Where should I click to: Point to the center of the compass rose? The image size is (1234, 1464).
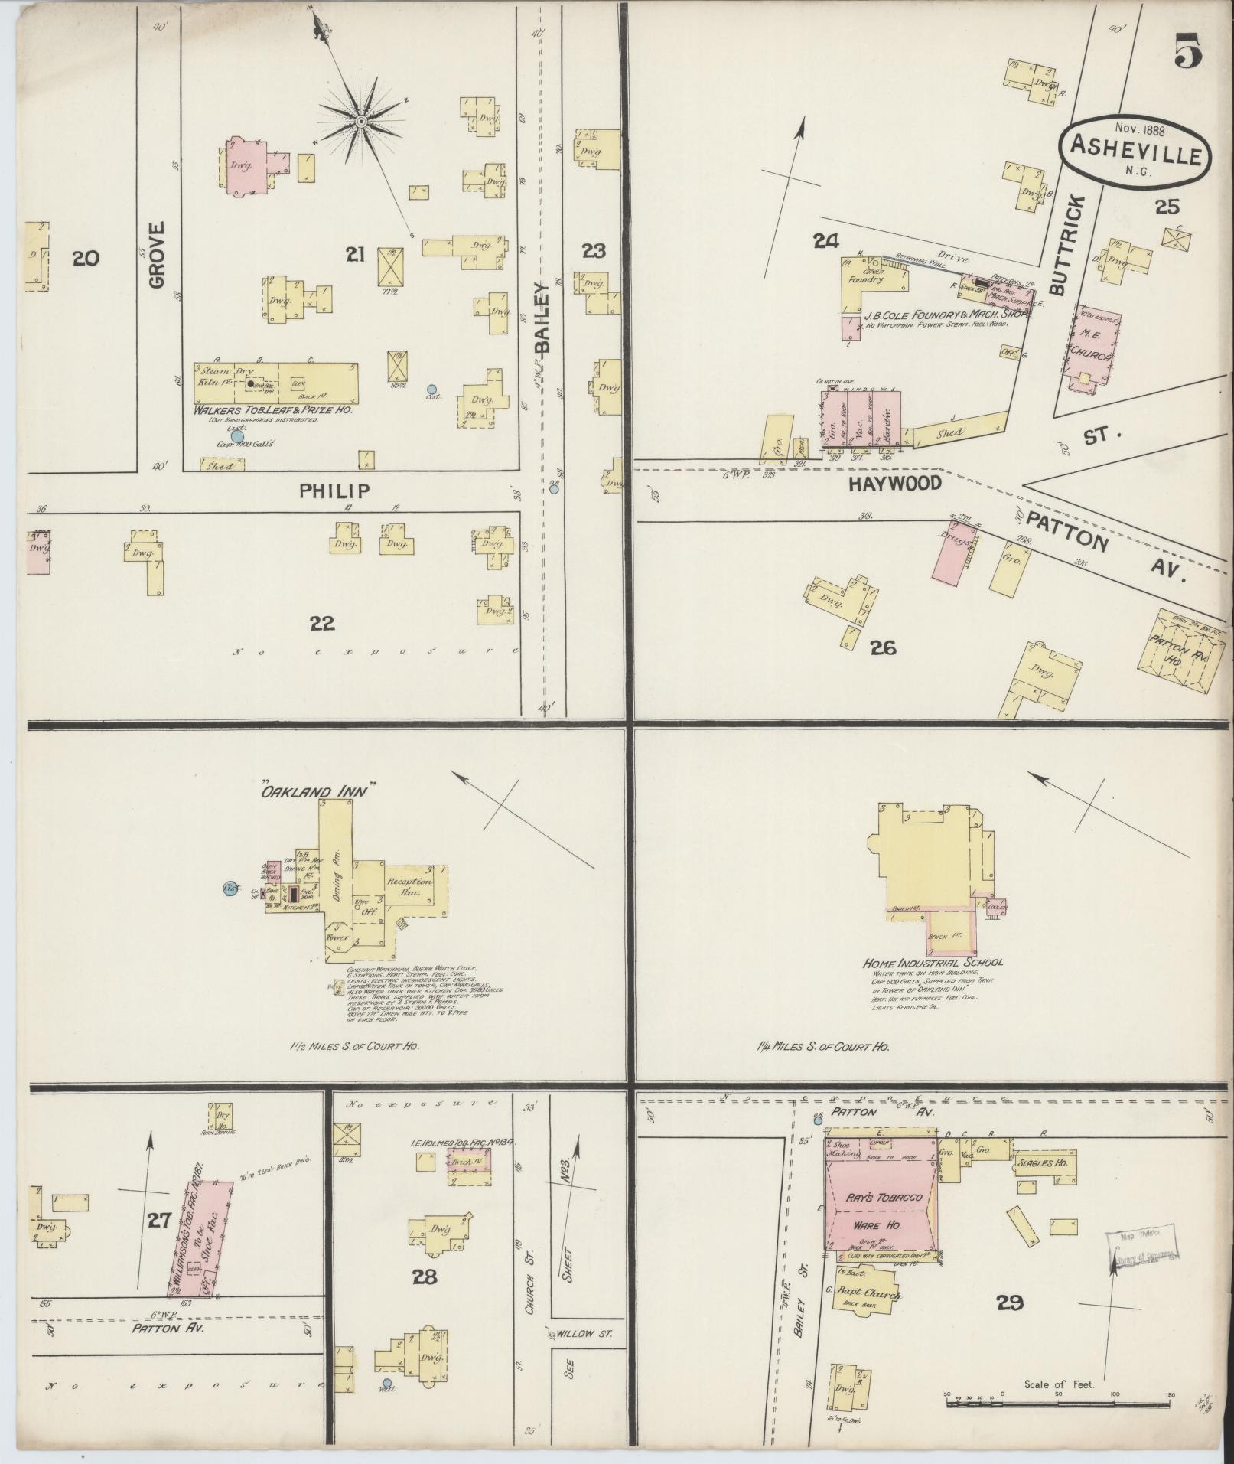pos(361,120)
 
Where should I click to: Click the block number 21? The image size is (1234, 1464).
pos(354,255)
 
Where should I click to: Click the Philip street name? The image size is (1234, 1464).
pos(335,491)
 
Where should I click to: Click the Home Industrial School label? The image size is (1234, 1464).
pos(933,963)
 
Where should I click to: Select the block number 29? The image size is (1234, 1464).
pos(1010,1302)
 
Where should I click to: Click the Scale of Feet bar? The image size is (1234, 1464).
pos(1059,1402)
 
